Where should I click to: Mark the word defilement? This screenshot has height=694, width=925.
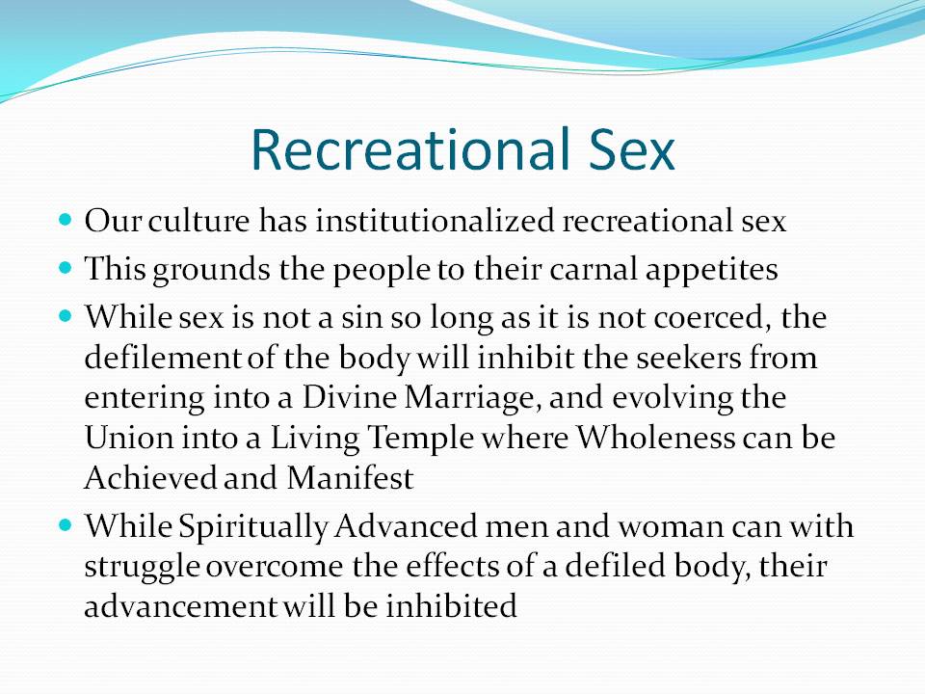(x=163, y=358)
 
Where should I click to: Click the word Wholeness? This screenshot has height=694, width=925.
(x=655, y=438)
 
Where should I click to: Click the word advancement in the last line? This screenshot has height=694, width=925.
(x=180, y=605)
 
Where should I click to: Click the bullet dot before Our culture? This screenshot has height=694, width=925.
(x=66, y=220)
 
